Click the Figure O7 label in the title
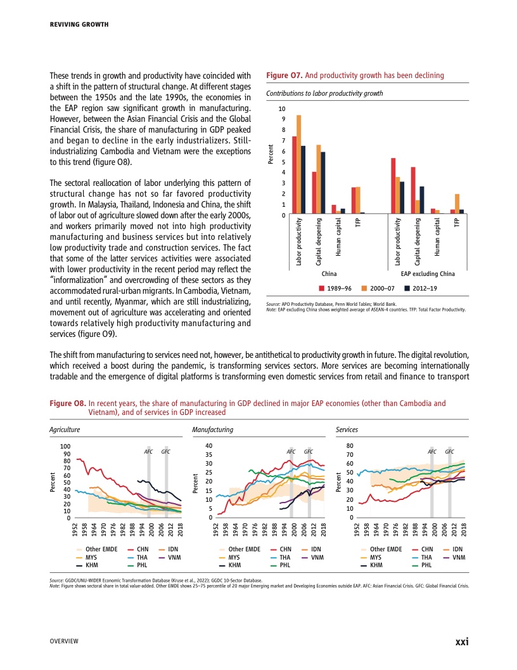[x=281, y=76]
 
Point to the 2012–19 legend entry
[x=421, y=288]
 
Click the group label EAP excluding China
[x=428, y=273]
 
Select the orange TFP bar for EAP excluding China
[x=457, y=204]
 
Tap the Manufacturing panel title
[x=212, y=430]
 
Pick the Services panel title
[x=347, y=430]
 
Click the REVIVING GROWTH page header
[x=79, y=25]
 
